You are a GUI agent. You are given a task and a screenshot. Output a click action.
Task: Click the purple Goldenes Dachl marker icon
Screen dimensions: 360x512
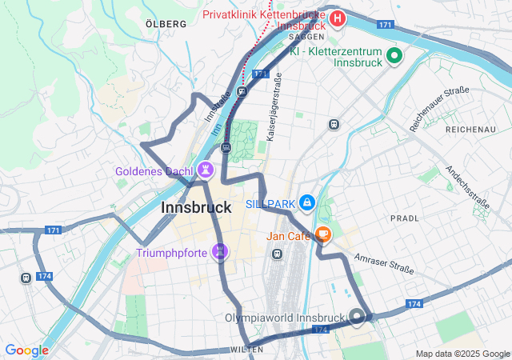[x=206, y=170]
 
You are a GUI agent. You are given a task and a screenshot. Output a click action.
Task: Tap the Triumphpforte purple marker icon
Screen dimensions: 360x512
[x=221, y=253]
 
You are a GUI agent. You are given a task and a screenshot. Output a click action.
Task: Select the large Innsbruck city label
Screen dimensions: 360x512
[x=196, y=207]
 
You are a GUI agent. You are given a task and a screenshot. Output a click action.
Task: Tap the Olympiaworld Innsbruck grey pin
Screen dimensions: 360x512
[x=357, y=317]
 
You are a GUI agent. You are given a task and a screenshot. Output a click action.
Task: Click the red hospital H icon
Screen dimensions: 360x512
[x=338, y=18]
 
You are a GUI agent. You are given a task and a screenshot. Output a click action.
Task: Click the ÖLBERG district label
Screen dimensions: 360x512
[x=166, y=24]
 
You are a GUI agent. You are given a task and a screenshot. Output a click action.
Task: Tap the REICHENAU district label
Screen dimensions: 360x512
[x=470, y=129]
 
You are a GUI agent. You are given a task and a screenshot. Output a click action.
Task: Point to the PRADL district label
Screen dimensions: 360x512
[x=404, y=218]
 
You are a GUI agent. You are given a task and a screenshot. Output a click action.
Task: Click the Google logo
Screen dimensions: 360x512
[x=26, y=350]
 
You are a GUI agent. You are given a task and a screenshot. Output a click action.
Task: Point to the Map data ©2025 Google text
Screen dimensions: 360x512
[x=462, y=354]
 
